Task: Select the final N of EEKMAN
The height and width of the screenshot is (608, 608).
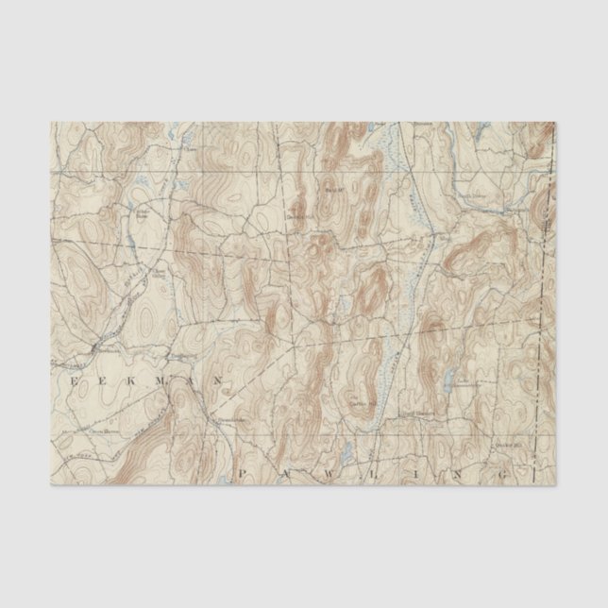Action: click(216, 380)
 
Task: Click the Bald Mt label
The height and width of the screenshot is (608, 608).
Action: click(333, 189)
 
